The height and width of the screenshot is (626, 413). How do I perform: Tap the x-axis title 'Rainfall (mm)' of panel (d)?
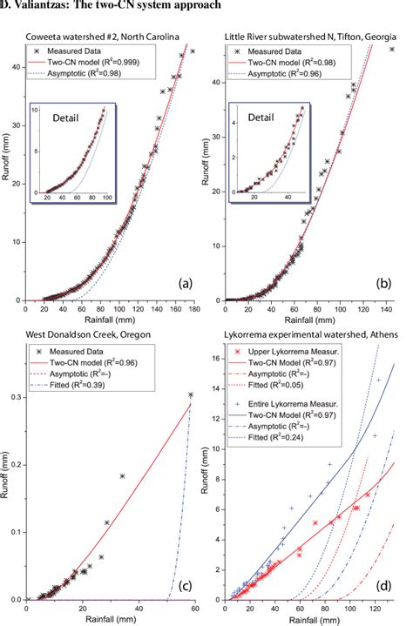click(x=311, y=619)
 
